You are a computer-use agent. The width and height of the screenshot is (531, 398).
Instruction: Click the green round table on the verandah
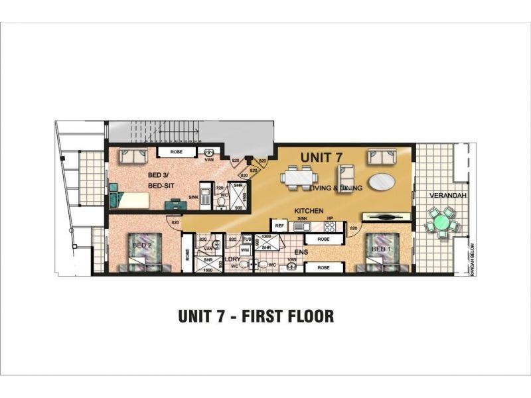click(441, 222)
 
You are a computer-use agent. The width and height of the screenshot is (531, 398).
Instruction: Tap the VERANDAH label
click(445, 196)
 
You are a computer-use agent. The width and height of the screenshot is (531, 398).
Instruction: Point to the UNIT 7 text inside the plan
click(321, 157)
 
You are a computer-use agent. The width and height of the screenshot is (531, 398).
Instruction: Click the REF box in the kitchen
click(279, 226)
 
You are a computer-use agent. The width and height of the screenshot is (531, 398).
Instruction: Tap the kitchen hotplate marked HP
click(329, 226)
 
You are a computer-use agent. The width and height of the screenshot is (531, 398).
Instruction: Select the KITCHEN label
click(309, 211)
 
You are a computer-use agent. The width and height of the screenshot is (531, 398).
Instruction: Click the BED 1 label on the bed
click(380, 249)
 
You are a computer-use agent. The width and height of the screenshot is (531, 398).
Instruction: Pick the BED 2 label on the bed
click(142, 245)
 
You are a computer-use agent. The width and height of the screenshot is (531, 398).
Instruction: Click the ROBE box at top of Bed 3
click(176, 152)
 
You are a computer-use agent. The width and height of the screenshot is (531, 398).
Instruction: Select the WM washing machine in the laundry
click(245, 250)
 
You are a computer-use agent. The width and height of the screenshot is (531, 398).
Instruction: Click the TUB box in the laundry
click(247, 239)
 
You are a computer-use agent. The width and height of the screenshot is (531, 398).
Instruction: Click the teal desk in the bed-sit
click(175, 205)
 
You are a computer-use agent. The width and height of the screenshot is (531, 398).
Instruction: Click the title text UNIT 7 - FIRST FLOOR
click(256, 316)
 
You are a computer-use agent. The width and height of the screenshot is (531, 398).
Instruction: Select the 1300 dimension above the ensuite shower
click(266, 237)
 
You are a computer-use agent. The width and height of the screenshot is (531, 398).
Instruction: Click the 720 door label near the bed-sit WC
click(220, 188)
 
